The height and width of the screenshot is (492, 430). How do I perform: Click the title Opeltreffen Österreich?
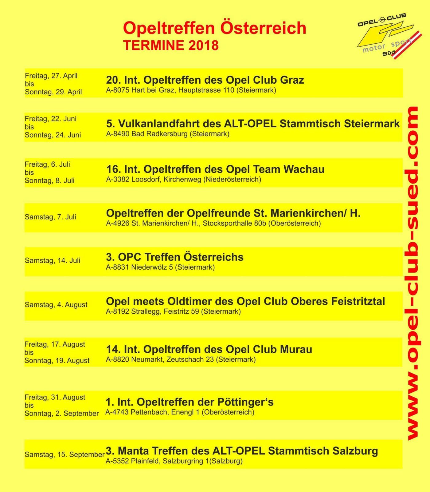[215, 28]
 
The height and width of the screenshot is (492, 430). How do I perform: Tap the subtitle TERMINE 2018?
[171, 45]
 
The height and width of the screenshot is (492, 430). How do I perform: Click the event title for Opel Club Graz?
[205, 80]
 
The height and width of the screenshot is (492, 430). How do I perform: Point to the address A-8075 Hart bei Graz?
[191, 90]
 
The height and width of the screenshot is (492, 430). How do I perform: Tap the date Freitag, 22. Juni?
[51, 119]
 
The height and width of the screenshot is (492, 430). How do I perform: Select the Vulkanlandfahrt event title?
[253, 124]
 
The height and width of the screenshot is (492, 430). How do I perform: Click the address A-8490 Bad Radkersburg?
[168, 134]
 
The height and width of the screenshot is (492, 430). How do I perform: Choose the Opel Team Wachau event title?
[215, 169]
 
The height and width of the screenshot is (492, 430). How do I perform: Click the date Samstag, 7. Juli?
[50, 217]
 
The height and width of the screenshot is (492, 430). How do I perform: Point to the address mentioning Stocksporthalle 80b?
[213, 223]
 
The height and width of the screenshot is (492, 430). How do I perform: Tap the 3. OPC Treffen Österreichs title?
[174, 257]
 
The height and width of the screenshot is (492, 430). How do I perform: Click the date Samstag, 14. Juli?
[53, 260]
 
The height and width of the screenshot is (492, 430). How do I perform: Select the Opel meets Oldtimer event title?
[245, 301]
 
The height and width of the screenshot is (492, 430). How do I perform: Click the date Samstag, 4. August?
[56, 305]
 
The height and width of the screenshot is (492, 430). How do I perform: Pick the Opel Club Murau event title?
[209, 349]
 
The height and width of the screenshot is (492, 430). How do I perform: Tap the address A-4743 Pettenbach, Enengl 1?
[180, 412]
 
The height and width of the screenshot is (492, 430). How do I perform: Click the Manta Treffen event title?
[242, 451]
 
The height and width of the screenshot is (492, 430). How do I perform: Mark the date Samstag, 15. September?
[64, 454]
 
